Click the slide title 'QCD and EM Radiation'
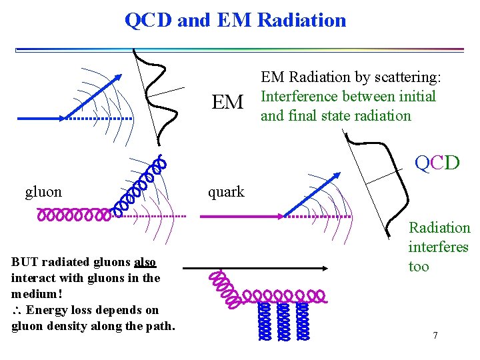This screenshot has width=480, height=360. [x=235, y=20]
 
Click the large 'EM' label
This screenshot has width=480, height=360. [x=227, y=103]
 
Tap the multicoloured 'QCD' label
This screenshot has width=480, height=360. [x=437, y=162]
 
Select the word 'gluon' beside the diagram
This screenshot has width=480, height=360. [x=43, y=192]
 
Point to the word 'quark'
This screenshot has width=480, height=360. [x=226, y=192]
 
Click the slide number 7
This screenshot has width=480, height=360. [x=435, y=335]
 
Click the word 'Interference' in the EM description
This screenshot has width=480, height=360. [x=299, y=96]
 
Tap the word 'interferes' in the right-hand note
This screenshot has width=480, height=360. [x=438, y=247]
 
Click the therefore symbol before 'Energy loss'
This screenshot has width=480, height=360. [x=17, y=310]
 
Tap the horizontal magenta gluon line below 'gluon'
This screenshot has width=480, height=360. [x=73, y=215]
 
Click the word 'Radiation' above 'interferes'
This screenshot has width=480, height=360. [x=439, y=228]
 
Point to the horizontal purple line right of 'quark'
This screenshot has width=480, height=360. [x=240, y=216]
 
